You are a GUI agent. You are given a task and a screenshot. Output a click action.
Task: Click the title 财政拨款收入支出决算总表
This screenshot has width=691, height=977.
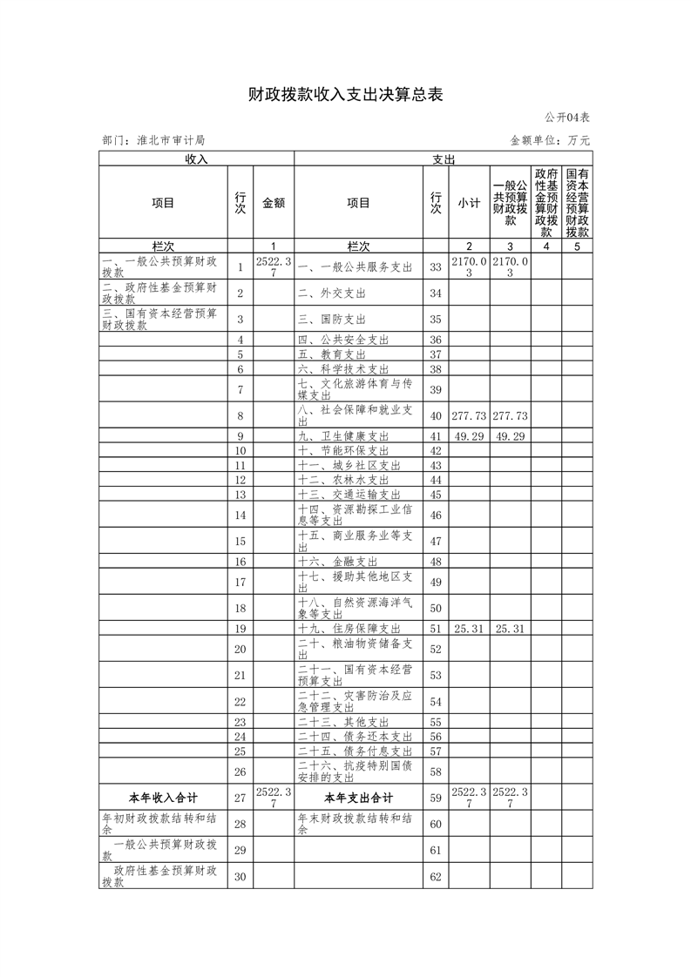pyautogui.click(x=345, y=95)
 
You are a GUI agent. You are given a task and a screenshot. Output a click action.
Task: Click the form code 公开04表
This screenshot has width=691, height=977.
pyautogui.click(x=568, y=118)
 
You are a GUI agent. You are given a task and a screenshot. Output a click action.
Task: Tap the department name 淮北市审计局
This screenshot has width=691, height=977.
pyautogui.click(x=171, y=140)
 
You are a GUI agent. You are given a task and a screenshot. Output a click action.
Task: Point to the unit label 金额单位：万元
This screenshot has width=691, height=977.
pyautogui.click(x=550, y=140)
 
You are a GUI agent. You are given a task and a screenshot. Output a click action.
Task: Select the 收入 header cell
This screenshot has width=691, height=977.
pyautogui.click(x=196, y=159)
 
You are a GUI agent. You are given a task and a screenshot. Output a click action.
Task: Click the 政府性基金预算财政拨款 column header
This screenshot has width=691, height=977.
pyautogui.click(x=546, y=202)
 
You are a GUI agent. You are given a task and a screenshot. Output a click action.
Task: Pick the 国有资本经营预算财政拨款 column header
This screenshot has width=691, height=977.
pyautogui.click(x=577, y=202)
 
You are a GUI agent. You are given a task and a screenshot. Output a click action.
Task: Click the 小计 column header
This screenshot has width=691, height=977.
pyautogui.click(x=469, y=203)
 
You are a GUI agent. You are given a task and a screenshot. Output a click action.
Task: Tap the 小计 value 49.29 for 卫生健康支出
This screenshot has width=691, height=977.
pyautogui.click(x=469, y=436)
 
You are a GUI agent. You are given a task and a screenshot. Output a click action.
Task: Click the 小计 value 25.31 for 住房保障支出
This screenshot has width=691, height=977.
pyautogui.click(x=469, y=629)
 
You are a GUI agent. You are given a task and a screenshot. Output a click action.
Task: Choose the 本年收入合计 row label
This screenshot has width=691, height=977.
pyautogui.click(x=163, y=798)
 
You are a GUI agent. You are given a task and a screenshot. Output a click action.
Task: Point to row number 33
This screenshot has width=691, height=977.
pyautogui.click(x=437, y=267)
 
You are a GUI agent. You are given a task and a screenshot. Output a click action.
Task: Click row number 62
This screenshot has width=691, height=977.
pyautogui.click(x=437, y=876)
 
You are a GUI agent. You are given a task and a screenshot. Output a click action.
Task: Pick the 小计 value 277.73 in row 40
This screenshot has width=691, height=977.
pyautogui.click(x=469, y=416)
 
